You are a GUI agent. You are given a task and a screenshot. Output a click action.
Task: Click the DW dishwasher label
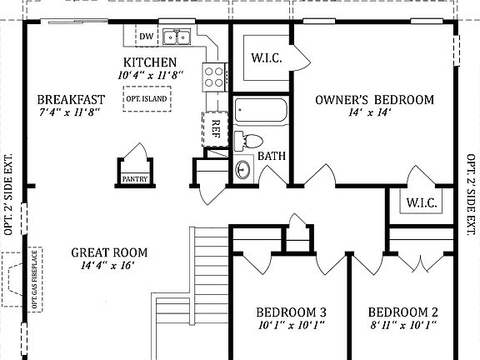pyautogui.click(x=147, y=36)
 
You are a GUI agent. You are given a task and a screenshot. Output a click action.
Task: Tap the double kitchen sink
pyautogui.click(x=177, y=37)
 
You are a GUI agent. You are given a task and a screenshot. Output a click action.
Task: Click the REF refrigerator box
pyautogui.click(x=215, y=128)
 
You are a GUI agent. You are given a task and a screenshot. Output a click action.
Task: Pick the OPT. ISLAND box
pyautogui.click(x=147, y=99)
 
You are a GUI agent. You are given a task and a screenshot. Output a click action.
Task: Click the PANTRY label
pyautogui.click(x=135, y=178)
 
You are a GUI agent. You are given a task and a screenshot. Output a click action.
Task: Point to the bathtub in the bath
pyautogui.click(x=259, y=112)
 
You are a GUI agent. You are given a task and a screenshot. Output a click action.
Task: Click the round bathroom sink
pyautogui.click(x=242, y=170)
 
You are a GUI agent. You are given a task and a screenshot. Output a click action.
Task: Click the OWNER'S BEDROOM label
pyautogui.click(x=374, y=100)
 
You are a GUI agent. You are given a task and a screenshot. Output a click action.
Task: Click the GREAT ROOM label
pyautogui.click(x=109, y=252)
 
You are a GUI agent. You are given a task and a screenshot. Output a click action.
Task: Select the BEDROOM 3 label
pyautogui.click(x=290, y=312)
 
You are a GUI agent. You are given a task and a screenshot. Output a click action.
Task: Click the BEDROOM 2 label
pyautogui.click(x=404, y=312)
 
